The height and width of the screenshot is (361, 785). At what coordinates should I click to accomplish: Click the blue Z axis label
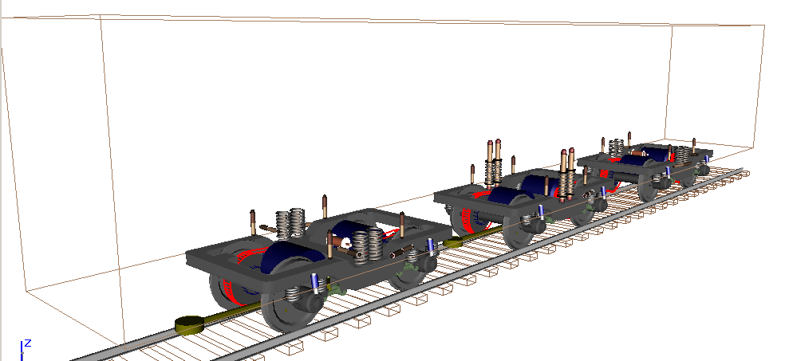coord(28,343)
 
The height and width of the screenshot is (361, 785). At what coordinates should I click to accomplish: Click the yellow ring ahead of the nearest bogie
coord(189,326)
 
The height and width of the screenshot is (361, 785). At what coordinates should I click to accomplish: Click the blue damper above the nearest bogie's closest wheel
coord(315,284)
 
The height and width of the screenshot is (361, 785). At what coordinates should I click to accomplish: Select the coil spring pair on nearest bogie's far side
coord(290,222)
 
